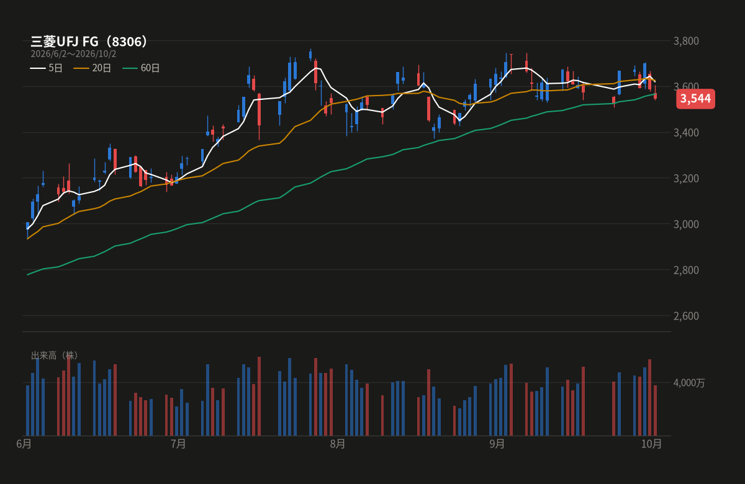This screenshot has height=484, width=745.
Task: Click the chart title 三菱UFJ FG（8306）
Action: pyautogui.click(x=89, y=42)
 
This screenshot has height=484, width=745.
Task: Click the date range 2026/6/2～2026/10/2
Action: pyautogui.click(x=73, y=54)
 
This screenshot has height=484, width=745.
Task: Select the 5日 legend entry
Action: pyautogui.click(x=46, y=68)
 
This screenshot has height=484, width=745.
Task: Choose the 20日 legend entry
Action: pyautogui.click(x=92, y=68)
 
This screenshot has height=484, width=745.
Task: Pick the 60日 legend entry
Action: pyautogui.click(x=141, y=68)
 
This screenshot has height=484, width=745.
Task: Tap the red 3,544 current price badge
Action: pyautogui.click(x=695, y=99)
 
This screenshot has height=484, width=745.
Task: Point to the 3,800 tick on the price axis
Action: pyautogui.click(x=686, y=41)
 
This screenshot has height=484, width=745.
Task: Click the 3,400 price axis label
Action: pyautogui.click(x=686, y=133)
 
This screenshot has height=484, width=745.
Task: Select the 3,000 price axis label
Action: pyautogui.click(x=686, y=225)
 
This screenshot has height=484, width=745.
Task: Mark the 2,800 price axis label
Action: pyautogui.click(x=686, y=270)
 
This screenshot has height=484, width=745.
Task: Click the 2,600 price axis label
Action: pyautogui.click(x=686, y=316)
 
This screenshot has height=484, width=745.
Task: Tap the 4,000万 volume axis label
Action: pyautogui.click(x=689, y=383)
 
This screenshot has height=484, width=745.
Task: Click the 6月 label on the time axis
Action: pyautogui.click(x=24, y=444)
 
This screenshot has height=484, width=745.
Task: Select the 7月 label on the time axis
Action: pyautogui.click(x=178, y=444)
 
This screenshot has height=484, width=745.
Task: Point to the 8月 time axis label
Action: pyautogui.click(x=338, y=444)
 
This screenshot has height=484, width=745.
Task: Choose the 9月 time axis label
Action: pyautogui.click(x=497, y=444)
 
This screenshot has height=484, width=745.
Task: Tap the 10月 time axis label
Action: pyautogui.click(x=651, y=444)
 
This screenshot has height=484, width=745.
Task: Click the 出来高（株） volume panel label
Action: pyautogui.click(x=55, y=356)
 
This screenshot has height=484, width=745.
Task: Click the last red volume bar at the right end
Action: pyautogui.click(x=655, y=411)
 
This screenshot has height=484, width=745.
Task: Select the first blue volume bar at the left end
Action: pyautogui.click(x=27, y=411)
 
